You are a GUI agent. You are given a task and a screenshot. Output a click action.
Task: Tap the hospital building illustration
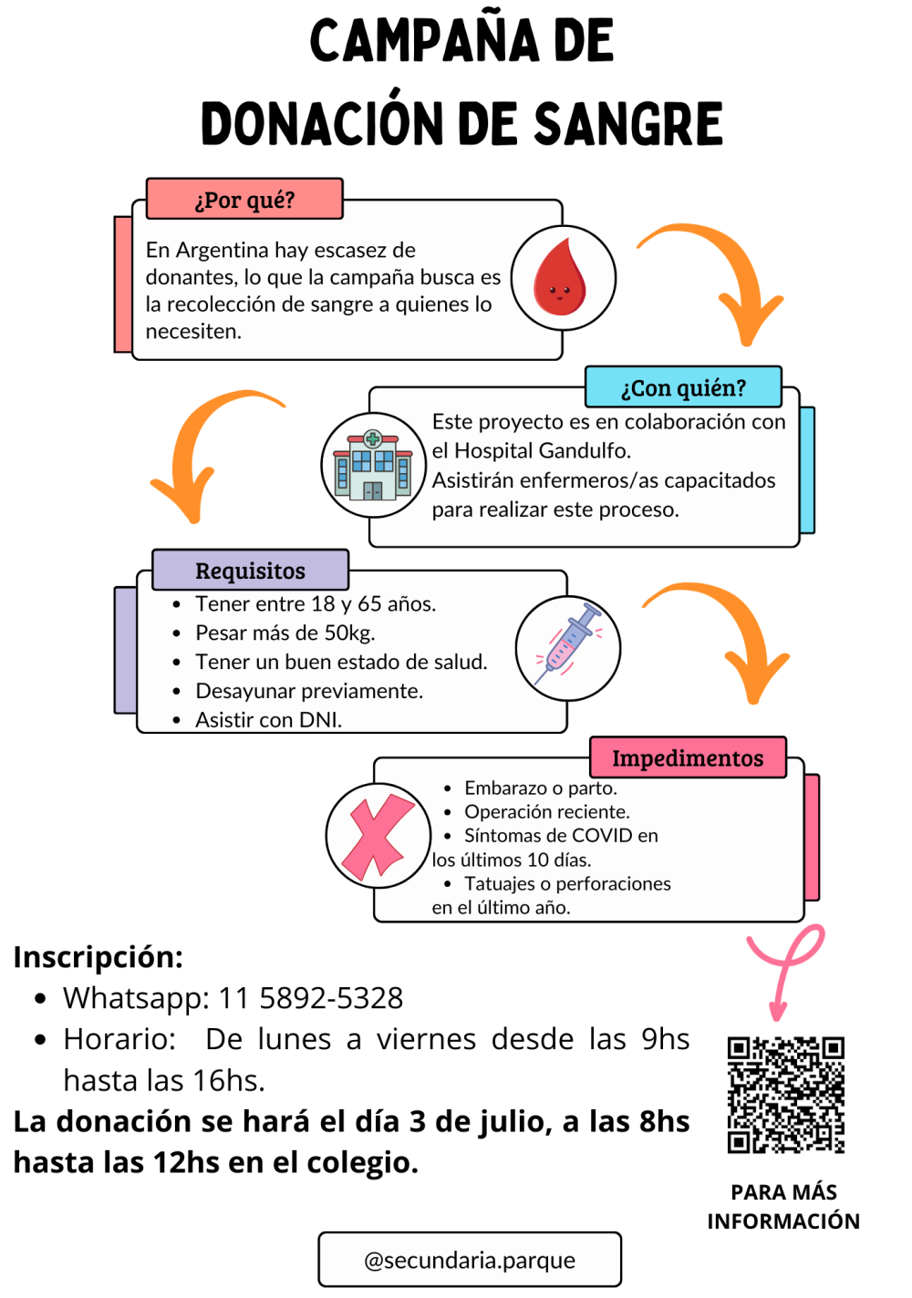click(x=373, y=466)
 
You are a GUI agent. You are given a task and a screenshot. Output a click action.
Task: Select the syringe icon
click(x=567, y=648)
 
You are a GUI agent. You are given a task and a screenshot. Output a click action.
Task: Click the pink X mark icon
click(x=378, y=836)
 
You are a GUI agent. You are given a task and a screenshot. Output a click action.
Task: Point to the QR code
click(x=785, y=1095)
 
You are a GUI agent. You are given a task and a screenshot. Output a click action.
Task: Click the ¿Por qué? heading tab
click(x=244, y=200)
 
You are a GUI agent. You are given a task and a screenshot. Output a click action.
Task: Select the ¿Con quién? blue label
click(x=683, y=387)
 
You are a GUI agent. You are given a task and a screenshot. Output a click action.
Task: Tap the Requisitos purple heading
click(x=250, y=571)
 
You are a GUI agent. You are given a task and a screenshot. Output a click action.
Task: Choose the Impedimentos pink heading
click(x=688, y=757)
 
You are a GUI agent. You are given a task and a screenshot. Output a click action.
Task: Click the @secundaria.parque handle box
click(x=470, y=1260)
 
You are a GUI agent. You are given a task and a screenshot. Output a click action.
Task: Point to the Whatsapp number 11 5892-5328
click(x=311, y=998)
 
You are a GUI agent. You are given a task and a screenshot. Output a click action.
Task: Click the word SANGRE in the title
click(x=628, y=124)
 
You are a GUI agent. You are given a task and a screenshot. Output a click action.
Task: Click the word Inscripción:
click(x=98, y=957)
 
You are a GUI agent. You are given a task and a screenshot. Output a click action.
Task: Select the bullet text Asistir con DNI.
click(x=268, y=720)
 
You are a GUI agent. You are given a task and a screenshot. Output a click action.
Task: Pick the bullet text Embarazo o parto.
click(x=541, y=788)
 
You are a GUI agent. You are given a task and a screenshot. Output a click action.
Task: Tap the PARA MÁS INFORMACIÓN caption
click(x=783, y=1206)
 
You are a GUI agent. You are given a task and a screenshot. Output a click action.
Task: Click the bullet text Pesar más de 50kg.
click(x=285, y=633)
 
